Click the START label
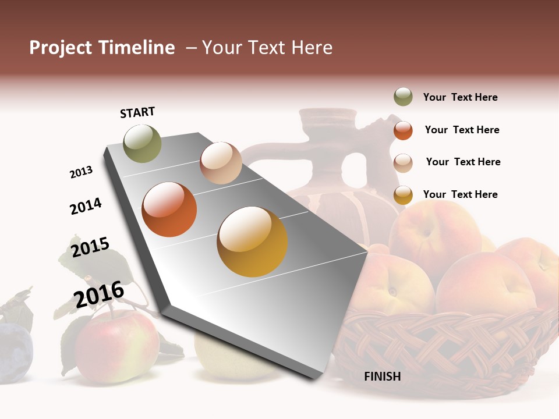coord(137,112)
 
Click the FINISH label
coord(382,377)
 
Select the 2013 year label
coord(81,172)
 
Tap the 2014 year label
coord(86,206)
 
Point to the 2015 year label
coord(90,247)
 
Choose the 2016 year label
coord(99,294)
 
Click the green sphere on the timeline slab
coord(143,143)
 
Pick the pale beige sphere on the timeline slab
coord(221,163)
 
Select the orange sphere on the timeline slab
coord(169,210)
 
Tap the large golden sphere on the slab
coord(252,242)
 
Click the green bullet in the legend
coord(403,97)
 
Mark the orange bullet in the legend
coord(403,130)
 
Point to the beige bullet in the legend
coord(403,162)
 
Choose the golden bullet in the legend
coord(403,195)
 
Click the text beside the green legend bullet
coord(460,97)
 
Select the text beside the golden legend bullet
coord(460,194)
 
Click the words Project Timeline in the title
coord(102,48)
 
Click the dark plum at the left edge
coord(14,352)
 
